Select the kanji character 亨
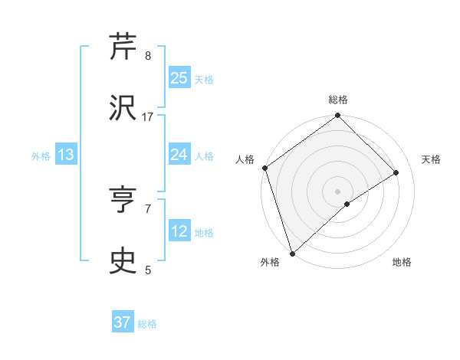(x=123, y=200)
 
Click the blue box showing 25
(x=179, y=77)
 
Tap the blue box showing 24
(x=179, y=155)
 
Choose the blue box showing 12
(x=179, y=231)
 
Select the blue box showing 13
(x=66, y=155)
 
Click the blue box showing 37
(x=123, y=322)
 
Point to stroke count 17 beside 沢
(x=148, y=117)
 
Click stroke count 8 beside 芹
(x=148, y=56)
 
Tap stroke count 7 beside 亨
(x=148, y=208)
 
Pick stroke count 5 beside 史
(x=148, y=270)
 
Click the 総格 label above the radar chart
(x=338, y=100)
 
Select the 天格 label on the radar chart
(x=431, y=159)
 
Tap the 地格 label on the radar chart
(x=402, y=262)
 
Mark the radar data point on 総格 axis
(x=338, y=116)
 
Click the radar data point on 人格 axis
(x=264, y=168)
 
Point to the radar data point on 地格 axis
(x=347, y=204)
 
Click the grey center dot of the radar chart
(x=338, y=191)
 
